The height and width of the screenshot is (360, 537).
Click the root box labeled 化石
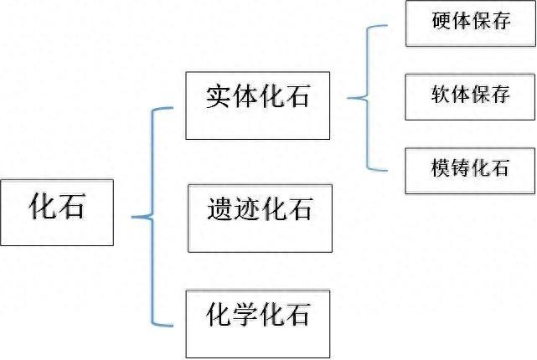click(x=57, y=211)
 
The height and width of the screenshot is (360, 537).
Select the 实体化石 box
click(x=258, y=105)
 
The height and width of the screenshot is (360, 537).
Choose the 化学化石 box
click(x=258, y=323)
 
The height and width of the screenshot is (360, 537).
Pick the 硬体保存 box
click(x=470, y=23)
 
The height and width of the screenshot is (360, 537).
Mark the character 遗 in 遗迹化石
click(x=219, y=208)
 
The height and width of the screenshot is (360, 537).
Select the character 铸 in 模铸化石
click(x=459, y=168)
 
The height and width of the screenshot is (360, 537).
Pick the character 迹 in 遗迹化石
click(x=245, y=208)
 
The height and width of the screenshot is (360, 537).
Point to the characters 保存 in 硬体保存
click(x=490, y=22)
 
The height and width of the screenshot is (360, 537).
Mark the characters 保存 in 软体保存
click(x=490, y=95)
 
